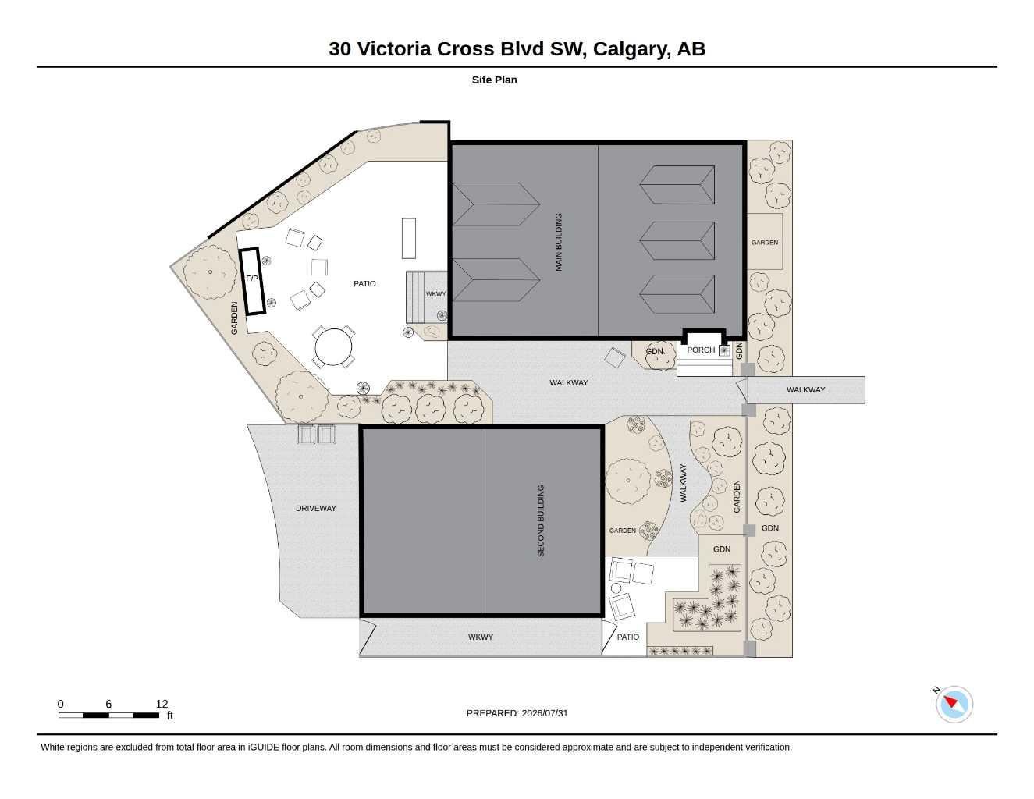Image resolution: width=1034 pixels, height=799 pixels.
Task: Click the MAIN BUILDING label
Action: (559, 242)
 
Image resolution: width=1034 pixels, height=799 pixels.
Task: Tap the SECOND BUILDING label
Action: (541, 520)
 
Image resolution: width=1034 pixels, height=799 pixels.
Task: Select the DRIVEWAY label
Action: (316, 509)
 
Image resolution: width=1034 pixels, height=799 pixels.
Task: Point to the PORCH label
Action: (701, 350)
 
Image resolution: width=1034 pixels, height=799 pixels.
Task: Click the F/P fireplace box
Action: (252, 281)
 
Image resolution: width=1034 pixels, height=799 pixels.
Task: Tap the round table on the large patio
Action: (333, 346)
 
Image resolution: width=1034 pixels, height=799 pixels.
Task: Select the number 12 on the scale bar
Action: (162, 704)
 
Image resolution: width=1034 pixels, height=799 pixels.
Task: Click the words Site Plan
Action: (495, 80)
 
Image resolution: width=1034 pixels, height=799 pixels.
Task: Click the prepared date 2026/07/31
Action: (545, 713)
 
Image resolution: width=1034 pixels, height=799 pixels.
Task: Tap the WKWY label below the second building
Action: (481, 637)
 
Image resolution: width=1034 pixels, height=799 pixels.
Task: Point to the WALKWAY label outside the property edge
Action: (805, 389)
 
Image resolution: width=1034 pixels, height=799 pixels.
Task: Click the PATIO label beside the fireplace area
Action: (364, 283)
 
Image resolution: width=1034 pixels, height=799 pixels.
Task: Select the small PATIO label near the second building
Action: (628, 637)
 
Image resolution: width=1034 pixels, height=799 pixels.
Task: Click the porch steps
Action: (705, 368)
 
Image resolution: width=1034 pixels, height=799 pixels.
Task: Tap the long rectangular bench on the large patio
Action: (409, 238)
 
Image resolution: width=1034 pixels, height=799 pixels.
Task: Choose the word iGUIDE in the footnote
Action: (263, 748)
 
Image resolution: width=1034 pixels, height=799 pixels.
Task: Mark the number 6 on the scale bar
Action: (108, 704)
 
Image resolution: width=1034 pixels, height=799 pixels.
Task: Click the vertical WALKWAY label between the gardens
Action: (684, 483)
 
